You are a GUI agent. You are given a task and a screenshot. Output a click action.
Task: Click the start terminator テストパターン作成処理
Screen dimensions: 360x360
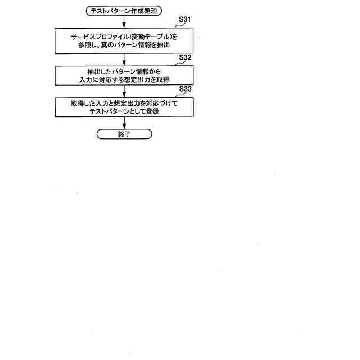pos(124,10)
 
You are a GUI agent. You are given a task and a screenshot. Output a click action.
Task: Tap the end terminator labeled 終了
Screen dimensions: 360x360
pos(124,134)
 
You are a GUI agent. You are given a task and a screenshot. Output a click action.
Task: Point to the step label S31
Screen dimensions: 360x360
pos(184,20)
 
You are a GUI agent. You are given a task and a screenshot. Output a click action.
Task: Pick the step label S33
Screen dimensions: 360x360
pos(184,88)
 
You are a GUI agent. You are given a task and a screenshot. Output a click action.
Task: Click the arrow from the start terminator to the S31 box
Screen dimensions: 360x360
pos(124,20)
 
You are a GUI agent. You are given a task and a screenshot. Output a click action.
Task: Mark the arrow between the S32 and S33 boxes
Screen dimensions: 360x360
pos(124,90)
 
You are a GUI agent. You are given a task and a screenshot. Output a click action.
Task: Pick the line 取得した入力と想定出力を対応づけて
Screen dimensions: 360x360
pos(124,104)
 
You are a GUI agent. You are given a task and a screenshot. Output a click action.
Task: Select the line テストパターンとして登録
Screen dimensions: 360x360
pos(124,112)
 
